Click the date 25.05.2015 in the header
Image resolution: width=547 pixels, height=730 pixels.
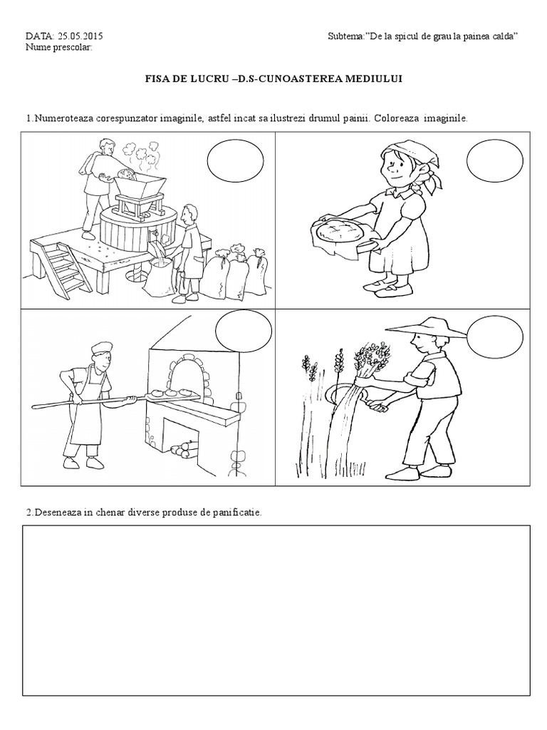pyautogui.click(x=80, y=36)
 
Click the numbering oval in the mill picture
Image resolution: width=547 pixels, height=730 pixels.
pyautogui.click(x=235, y=161)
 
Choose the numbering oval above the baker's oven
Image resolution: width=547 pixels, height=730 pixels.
pyautogui.click(x=244, y=331)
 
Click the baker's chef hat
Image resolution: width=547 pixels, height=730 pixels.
pyautogui.click(x=101, y=348)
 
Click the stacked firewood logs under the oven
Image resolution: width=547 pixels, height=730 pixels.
pyautogui.click(x=184, y=448)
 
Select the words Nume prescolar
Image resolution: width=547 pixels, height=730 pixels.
pyautogui.click(x=58, y=47)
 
